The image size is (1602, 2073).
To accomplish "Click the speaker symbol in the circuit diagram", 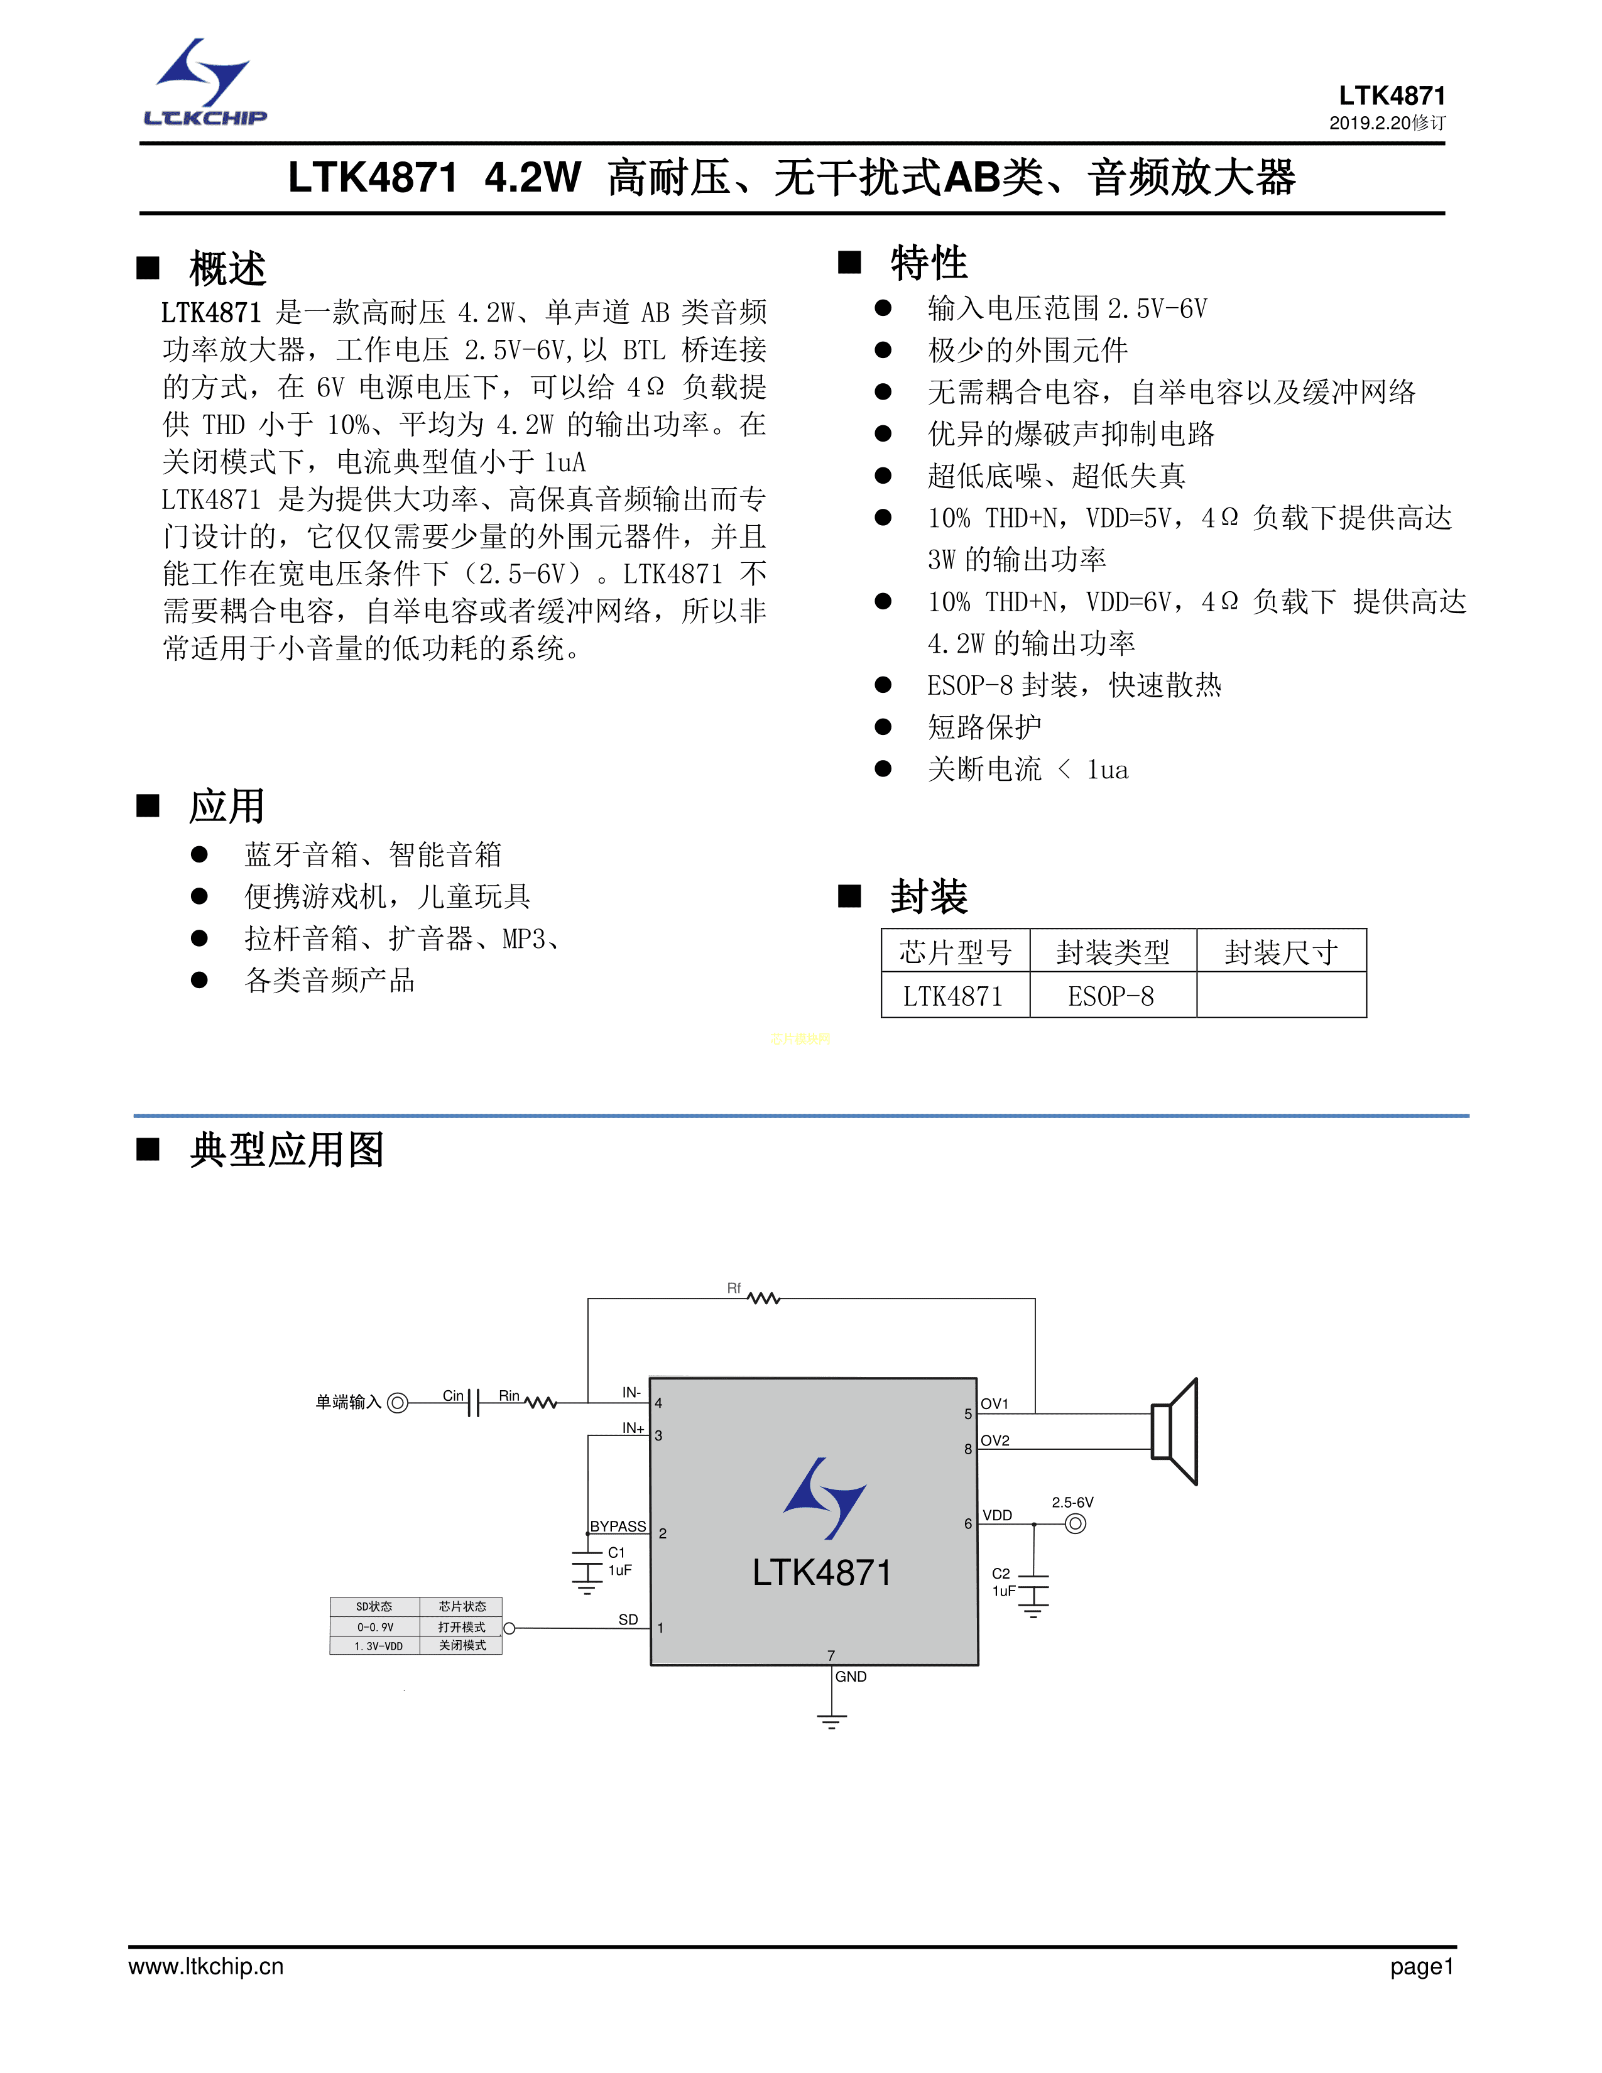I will pyautogui.click(x=1175, y=1432).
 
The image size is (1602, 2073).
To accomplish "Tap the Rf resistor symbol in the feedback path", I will pyautogui.click(x=763, y=1298).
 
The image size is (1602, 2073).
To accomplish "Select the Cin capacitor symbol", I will pyautogui.click(x=474, y=1402).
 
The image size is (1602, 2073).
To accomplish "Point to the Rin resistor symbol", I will pyautogui.click(x=540, y=1402).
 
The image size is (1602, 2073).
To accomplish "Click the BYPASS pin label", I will pyautogui.click(x=618, y=1526).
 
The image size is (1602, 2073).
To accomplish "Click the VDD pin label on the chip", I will pyautogui.click(x=996, y=1515).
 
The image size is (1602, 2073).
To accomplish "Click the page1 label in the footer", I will pyautogui.click(x=1420, y=1967).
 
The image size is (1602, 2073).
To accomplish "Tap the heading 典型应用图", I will pyautogui.click(x=286, y=1150).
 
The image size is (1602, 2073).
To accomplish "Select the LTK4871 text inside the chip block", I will pyautogui.click(x=822, y=1573).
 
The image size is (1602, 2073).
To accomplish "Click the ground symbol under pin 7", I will pyautogui.click(x=831, y=1721).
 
